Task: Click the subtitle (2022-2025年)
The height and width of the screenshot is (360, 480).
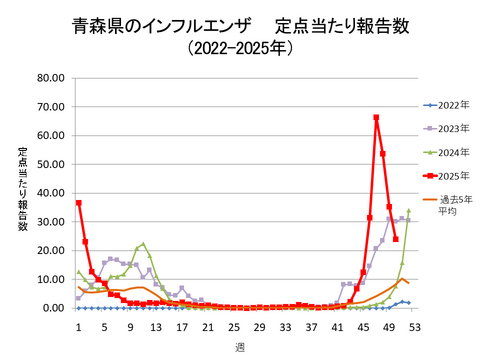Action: [x=239, y=48]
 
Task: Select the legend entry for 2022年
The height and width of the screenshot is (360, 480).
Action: [x=448, y=104]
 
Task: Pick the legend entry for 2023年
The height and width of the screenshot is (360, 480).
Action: [x=448, y=128]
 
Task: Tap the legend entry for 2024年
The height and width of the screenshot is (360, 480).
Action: [x=448, y=152]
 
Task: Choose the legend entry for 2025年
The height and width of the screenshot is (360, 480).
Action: [x=448, y=176]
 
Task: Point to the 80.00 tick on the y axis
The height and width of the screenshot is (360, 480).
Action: [x=50, y=78]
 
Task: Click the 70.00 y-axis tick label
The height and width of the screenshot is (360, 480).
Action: [x=50, y=107]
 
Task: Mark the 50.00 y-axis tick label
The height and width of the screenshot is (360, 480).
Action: [x=50, y=164]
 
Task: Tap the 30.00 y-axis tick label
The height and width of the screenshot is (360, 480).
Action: [x=50, y=222]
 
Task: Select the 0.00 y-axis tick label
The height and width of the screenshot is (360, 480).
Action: [x=53, y=308]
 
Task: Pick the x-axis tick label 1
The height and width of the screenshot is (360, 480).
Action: [x=78, y=325]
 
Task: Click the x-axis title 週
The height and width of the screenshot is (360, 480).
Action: [x=240, y=346]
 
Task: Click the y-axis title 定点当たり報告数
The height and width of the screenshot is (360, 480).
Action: [x=22, y=190]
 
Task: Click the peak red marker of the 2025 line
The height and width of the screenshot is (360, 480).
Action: [x=376, y=118]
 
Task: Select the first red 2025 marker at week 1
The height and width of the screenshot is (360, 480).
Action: [x=78, y=203]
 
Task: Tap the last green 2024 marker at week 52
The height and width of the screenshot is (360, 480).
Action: [x=408, y=211]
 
